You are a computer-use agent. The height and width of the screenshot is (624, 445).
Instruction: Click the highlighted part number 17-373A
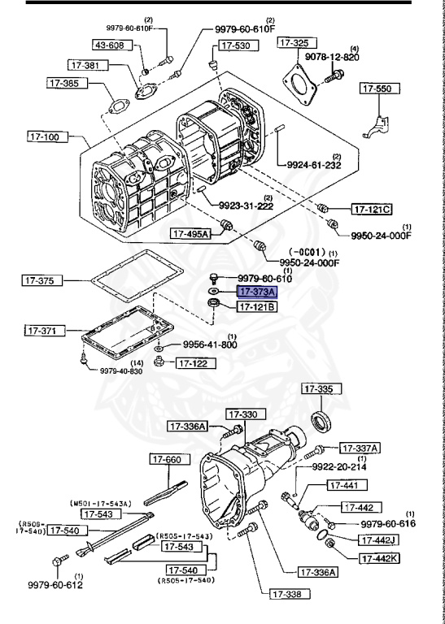[x=257, y=291]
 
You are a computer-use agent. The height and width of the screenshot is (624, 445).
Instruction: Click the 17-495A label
[x=190, y=234]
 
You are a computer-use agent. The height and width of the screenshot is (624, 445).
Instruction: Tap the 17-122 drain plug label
[x=192, y=363]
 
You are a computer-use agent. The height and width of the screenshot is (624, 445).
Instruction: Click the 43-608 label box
[x=108, y=45]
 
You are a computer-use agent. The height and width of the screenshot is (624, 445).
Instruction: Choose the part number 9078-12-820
[x=332, y=57]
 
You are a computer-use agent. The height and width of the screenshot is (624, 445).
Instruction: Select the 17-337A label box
[x=360, y=448]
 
